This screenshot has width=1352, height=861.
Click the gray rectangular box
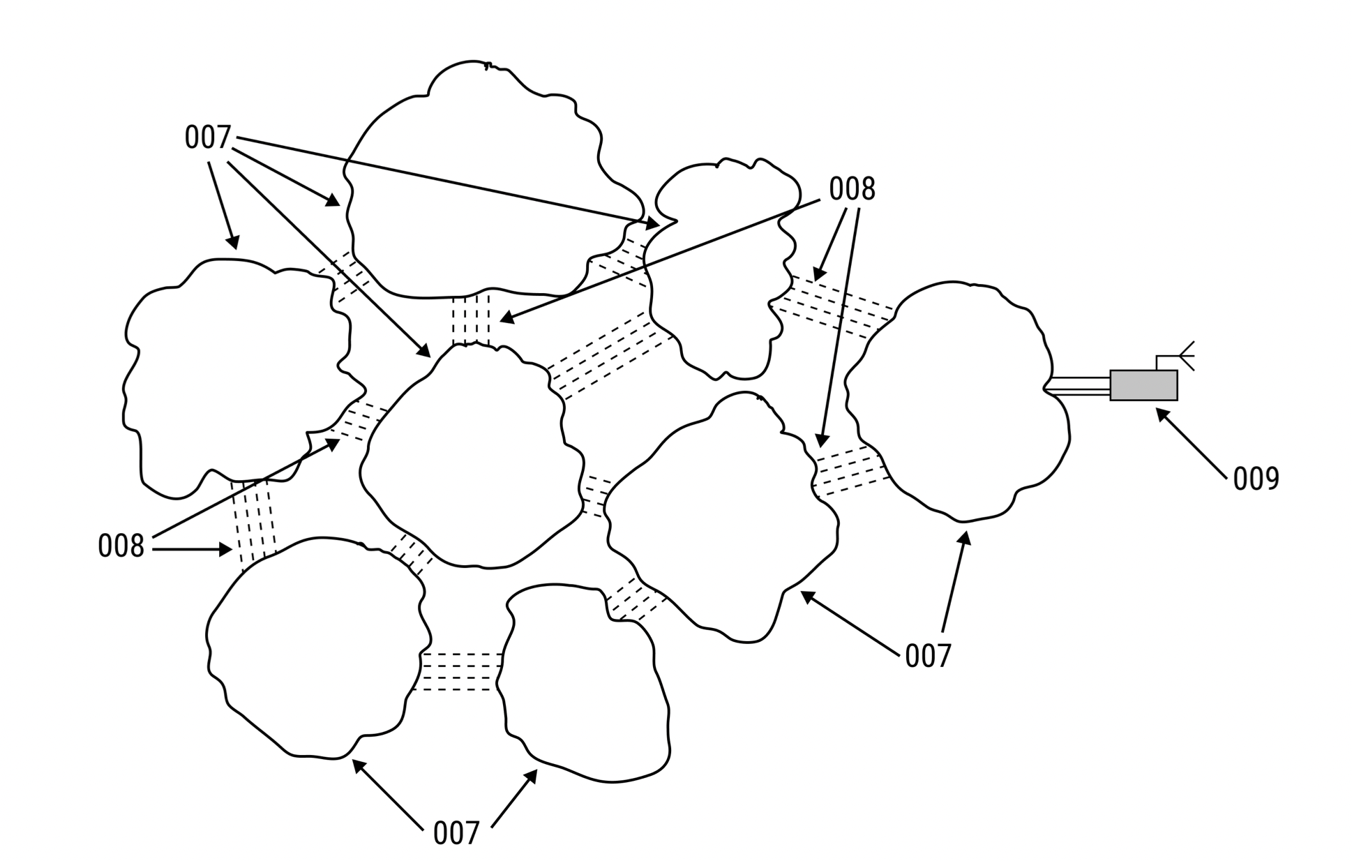click(x=1143, y=385)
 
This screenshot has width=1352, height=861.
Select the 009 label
click(x=1256, y=479)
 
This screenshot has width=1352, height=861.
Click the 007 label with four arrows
click(x=207, y=138)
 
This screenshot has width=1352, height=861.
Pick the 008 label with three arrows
click(x=851, y=189)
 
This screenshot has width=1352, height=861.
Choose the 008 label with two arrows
click(x=121, y=546)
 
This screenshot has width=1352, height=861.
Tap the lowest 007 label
click(x=456, y=833)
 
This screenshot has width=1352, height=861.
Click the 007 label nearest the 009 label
click(x=928, y=656)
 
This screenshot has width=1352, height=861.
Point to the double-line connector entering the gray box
click(x=1080, y=386)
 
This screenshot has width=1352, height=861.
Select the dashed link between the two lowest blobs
click(x=461, y=671)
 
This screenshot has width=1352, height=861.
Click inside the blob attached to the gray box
click(x=956, y=405)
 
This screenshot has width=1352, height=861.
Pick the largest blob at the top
click(x=474, y=188)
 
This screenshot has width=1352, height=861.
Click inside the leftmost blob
click(x=230, y=377)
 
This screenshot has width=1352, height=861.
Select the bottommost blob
click(x=586, y=691)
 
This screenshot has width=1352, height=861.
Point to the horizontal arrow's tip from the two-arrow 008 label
click(x=230, y=550)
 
